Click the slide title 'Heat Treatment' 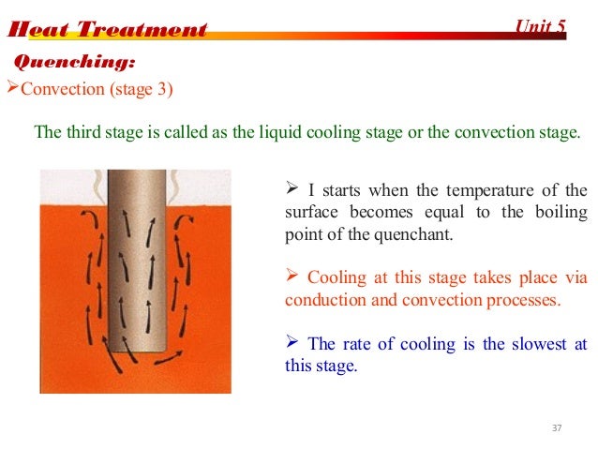click(x=106, y=30)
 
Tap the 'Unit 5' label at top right click(x=541, y=26)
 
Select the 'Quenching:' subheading click(x=73, y=63)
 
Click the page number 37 click(x=558, y=428)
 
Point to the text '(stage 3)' click(x=145, y=90)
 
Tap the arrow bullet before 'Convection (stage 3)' click(x=12, y=89)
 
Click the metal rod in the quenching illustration click(x=145, y=253)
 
